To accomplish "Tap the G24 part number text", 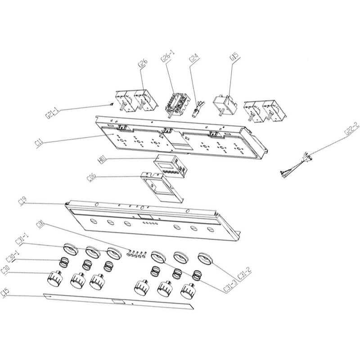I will click(193, 60).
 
